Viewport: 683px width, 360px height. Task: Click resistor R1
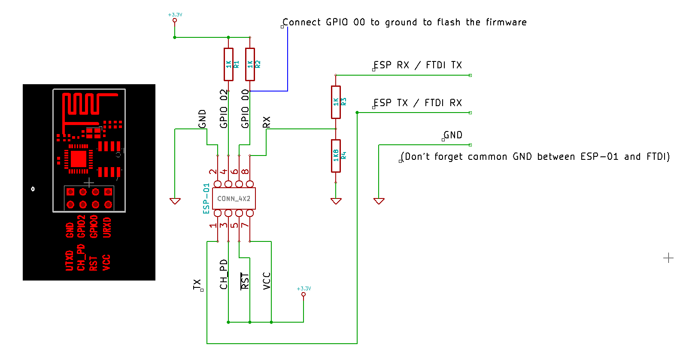coord(228,64)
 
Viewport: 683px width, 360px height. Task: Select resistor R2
coord(250,64)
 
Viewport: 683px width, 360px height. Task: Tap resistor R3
coord(336,102)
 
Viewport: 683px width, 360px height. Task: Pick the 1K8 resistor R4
coord(336,156)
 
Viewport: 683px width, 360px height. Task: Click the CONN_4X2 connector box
coord(234,198)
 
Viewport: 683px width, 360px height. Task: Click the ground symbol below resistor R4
coord(336,201)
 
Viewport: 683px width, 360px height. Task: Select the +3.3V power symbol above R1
coord(175,18)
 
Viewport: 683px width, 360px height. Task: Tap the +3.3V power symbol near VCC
coord(304,292)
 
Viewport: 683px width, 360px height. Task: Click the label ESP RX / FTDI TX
coord(417,65)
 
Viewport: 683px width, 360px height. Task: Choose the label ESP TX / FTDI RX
coord(417,103)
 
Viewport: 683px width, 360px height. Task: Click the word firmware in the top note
coord(506,22)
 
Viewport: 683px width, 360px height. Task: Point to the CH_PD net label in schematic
coord(224,274)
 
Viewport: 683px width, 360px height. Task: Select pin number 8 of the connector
coord(245,171)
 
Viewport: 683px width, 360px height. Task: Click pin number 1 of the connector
coord(213,226)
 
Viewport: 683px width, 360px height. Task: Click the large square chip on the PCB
coord(79,159)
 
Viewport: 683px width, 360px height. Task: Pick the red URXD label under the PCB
coord(107,227)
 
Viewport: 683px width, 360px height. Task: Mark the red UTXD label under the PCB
coord(69,260)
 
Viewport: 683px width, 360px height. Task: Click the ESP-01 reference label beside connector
coord(206,198)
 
